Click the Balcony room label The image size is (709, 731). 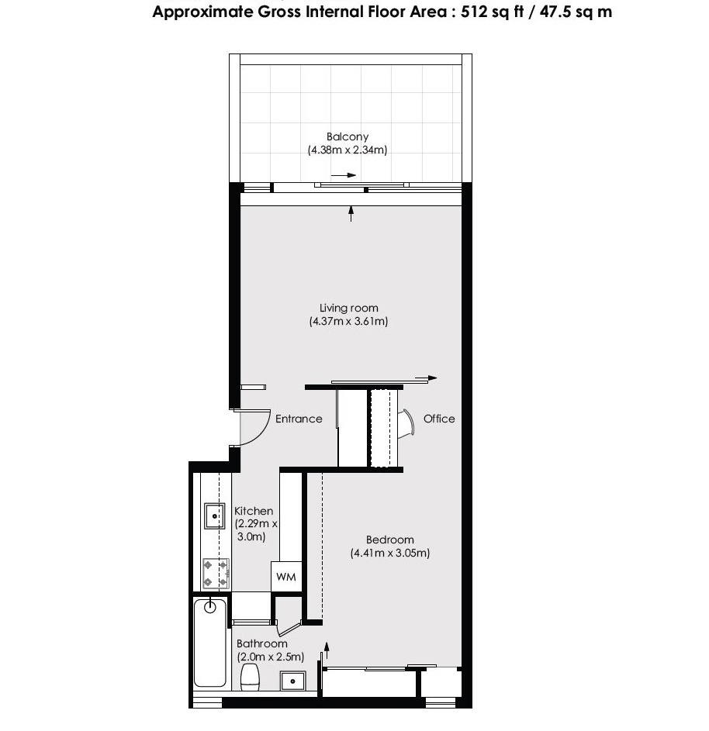tap(347, 137)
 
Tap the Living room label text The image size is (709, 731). tap(348, 308)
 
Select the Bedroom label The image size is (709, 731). tap(389, 540)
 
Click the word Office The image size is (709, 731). tap(439, 419)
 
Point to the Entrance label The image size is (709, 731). tap(299, 419)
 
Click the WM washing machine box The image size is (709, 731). tap(285, 578)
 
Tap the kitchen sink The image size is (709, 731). tap(214, 515)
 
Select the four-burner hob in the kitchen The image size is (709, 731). tap(215, 573)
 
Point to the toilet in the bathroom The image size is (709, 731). tap(251, 676)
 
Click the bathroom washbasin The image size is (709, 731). tap(293, 681)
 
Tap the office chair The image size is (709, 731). tap(406, 424)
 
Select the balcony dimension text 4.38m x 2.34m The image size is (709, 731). tap(347, 150)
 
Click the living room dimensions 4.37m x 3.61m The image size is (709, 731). tap(348, 321)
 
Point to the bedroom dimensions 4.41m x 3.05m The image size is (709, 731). tap(389, 553)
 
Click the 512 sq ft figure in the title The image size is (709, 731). tap(483, 12)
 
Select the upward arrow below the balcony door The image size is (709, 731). tap(351, 213)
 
